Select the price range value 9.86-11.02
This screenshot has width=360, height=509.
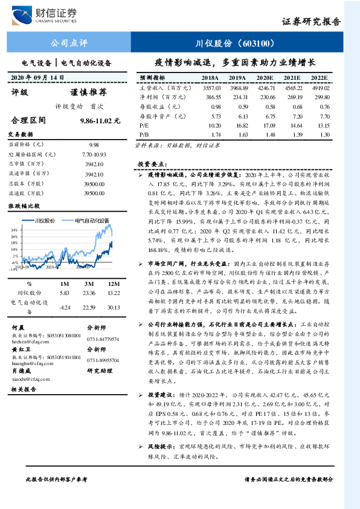pyautogui.click(x=100, y=121)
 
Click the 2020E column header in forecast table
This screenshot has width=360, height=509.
pyautogui.click(x=265, y=79)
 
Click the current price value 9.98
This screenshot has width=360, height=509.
pyautogui.click(x=94, y=145)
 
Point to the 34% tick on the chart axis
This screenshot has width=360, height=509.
pyautogui.click(x=14, y=230)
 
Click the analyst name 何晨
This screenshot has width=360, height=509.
pyautogui.click(x=18, y=326)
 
